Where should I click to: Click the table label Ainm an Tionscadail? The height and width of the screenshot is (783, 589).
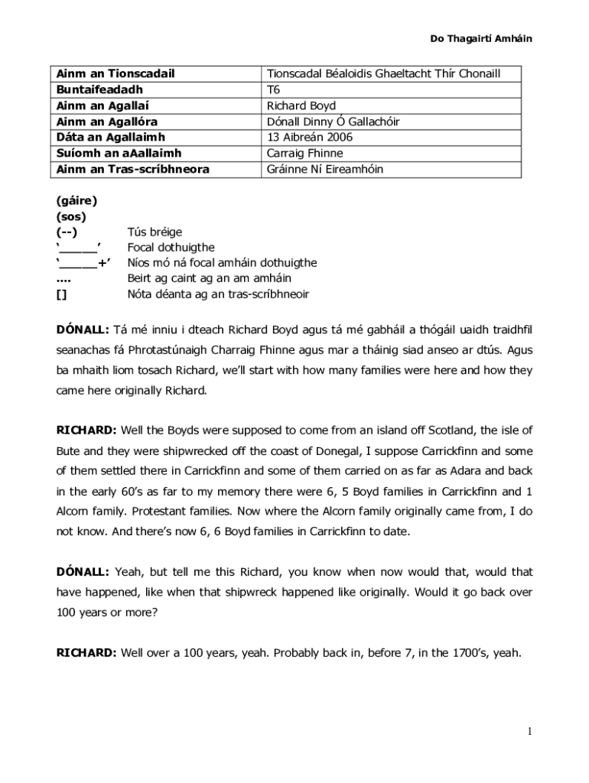pyautogui.click(x=116, y=73)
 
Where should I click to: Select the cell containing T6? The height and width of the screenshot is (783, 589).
pyautogui.click(x=274, y=89)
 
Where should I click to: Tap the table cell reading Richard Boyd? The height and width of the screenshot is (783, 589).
pyautogui.click(x=301, y=106)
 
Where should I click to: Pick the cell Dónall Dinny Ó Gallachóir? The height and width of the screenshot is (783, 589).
pyautogui.click(x=333, y=122)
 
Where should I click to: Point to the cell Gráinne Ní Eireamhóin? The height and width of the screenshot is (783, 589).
pyautogui.click(x=325, y=169)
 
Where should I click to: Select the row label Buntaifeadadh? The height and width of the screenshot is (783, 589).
pyautogui.click(x=99, y=89)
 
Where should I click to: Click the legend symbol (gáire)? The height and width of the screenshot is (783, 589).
pyautogui.click(x=76, y=200)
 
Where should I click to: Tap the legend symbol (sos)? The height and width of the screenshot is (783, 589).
pyautogui.click(x=71, y=216)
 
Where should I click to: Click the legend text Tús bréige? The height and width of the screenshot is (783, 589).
pyautogui.click(x=155, y=232)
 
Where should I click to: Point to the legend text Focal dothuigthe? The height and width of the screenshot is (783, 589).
pyautogui.click(x=171, y=248)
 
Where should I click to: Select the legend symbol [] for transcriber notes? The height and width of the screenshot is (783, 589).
pyautogui.click(x=62, y=294)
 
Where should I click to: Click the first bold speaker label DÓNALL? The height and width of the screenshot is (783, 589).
pyautogui.click(x=83, y=330)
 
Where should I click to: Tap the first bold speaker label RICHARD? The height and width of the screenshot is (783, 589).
pyautogui.click(x=86, y=430)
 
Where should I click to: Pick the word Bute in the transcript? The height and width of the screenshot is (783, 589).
pyautogui.click(x=69, y=451)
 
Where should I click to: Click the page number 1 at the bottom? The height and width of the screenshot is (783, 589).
pyautogui.click(x=529, y=732)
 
